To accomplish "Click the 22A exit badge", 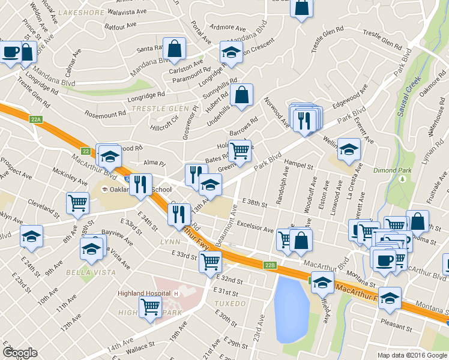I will (36, 119).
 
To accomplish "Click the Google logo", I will (20, 352).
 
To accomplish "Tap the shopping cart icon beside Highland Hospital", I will (150, 307).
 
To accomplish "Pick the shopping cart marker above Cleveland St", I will (78, 202).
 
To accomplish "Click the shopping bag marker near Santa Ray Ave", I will (174, 50).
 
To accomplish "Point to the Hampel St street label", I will (300, 164).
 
